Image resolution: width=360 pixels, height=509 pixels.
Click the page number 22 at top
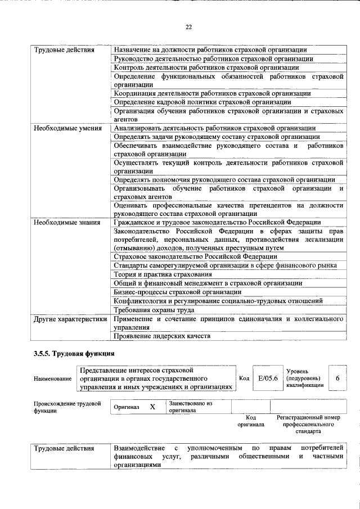tap(189, 27)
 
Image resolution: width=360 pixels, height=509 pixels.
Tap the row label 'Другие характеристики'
tap(69, 319)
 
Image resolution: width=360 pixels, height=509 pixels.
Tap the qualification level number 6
tap(337, 378)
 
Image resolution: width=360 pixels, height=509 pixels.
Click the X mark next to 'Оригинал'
tap(152, 407)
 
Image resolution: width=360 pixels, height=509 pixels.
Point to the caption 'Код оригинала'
tap(250, 421)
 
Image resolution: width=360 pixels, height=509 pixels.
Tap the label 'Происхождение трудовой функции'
tap(67, 407)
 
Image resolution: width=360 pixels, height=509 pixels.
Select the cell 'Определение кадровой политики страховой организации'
tap(202, 102)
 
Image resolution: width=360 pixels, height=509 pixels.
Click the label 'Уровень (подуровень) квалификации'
tap(305, 378)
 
